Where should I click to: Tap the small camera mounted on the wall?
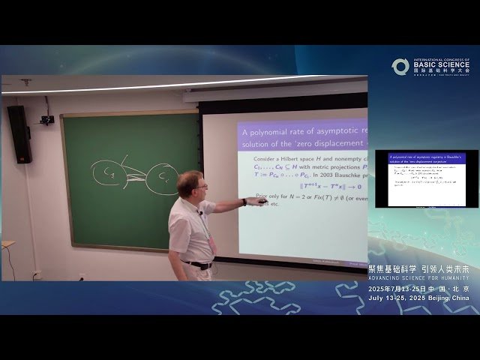coord(47,118)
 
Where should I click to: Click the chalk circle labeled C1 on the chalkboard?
coord(107,173)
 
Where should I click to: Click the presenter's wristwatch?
coord(244,202)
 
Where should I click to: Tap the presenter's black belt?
coord(197,264)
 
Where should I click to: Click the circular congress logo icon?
coord(400,67)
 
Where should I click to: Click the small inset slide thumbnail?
coord(426,178)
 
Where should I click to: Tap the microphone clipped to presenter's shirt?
coord(201,214)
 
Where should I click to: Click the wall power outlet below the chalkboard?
coord(35,274)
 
